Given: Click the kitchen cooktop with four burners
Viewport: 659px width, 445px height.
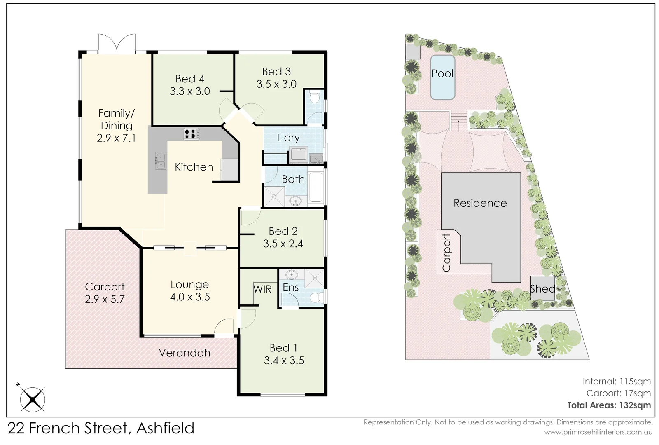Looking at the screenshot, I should click(x=191, y=133).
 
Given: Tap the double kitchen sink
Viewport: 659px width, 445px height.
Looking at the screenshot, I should click(x=160, y=161).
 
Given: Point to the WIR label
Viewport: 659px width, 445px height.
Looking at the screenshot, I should click(x=262, y=289).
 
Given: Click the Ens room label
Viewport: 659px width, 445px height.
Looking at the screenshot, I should click(x=290, y=288).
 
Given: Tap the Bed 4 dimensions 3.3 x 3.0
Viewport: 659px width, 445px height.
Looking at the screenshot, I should click(x=190, y=91).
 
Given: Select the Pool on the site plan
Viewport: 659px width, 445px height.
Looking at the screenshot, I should click(x=442, y=77).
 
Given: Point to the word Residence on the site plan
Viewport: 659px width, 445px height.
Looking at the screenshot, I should click(x=480, y=203).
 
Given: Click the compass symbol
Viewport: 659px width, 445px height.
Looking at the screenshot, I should click(x=33, y=399).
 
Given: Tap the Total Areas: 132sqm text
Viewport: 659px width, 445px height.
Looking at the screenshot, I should click(x=609, y=405).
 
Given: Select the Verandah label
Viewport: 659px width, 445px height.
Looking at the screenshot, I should click(x=185, y=353).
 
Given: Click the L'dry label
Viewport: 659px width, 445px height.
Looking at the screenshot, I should click(x=288, y=138).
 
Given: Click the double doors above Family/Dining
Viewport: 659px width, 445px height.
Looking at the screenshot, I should click(x=117, y=44).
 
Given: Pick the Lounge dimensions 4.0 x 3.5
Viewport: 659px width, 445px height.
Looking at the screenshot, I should click(x=190, y=297).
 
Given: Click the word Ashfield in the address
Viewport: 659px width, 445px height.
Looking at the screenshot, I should click(x=165, y=429).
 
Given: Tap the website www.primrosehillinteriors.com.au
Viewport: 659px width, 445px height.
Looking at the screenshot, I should click(x=598, y=432).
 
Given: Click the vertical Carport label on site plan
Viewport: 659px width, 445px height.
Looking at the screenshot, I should click(x=446, y=253).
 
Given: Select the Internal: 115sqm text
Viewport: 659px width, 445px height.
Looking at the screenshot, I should click(x=616, y=382).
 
